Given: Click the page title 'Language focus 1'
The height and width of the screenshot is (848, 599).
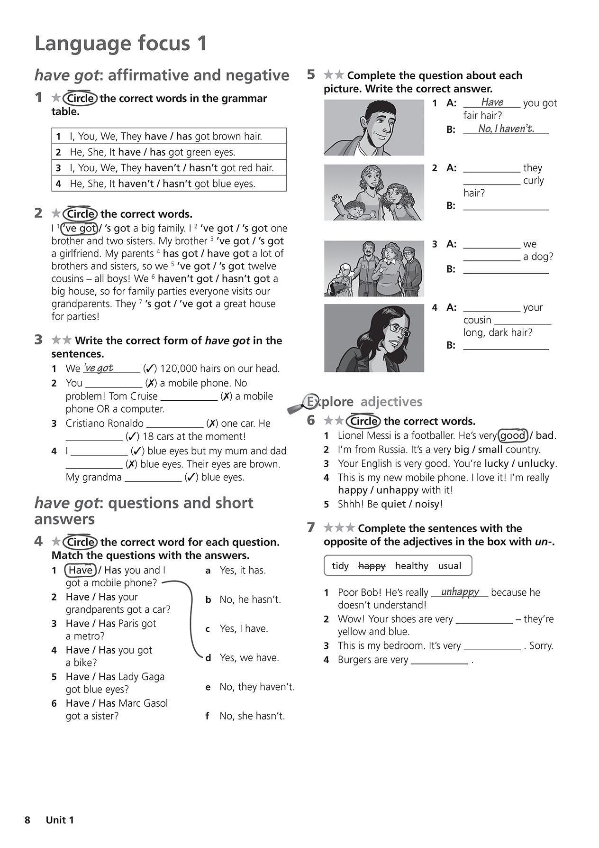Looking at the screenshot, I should (121, 44).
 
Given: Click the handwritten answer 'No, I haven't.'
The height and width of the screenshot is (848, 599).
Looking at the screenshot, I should (506, 129).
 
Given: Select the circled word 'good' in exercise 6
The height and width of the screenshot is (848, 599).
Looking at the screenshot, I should (513, 435).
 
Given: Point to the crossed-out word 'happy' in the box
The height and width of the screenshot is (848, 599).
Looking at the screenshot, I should (372, 566).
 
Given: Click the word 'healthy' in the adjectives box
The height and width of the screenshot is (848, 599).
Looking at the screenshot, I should (411, 566).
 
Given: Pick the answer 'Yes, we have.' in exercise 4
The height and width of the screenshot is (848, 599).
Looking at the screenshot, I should (249, 658).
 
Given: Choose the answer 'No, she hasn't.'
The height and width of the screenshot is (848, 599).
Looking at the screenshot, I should (252, 716).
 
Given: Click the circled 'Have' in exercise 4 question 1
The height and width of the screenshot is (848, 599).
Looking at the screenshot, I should (81, 570).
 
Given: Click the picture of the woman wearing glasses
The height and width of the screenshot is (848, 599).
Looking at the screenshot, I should (374, 338).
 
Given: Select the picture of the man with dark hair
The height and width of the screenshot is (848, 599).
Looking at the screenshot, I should (374, 128).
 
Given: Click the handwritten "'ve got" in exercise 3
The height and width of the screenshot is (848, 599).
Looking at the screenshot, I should (99, 368).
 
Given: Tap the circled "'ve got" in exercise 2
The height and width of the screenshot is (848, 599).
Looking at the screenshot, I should (80, 229).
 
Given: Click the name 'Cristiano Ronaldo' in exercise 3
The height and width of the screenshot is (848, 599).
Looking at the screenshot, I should (104, 424).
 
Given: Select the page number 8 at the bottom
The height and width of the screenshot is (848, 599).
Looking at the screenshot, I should (27, 820).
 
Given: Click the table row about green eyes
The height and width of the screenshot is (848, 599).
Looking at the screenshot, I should (169, 152).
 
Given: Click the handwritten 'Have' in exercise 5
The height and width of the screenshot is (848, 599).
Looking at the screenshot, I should (492, 102).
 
